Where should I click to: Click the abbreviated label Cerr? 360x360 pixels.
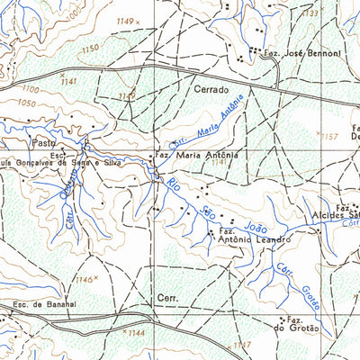click(x=167, y=297)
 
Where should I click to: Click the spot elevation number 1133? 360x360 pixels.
click(x=311, y=13)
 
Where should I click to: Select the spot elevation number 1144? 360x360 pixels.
click(x=136, y=333)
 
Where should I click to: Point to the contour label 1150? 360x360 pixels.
click(x=90, y=49)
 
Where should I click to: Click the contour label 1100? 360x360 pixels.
click(x=32, y=90)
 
